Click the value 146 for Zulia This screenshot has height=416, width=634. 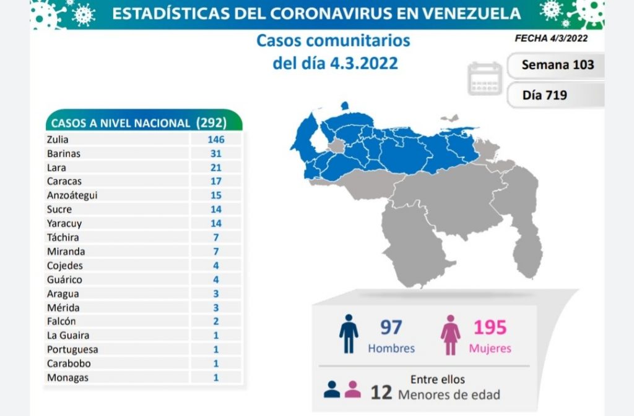[215, 139]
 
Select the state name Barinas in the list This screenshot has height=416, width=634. [63, 153]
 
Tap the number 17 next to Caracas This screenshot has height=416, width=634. [215, 181]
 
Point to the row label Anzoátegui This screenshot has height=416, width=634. [72, 195]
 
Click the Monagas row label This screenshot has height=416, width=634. [67, 377]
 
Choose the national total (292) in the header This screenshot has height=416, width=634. [211, 122]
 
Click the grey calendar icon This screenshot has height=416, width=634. [485, 79]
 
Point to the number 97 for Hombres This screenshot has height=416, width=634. [392, 327]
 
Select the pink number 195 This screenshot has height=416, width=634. [490, 327]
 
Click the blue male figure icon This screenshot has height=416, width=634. [349, 334]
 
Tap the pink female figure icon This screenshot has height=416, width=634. [450, 334]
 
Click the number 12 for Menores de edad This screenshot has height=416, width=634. [381, 393]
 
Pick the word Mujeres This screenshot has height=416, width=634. [490, 348]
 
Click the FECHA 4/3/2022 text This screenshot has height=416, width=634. [550, 38]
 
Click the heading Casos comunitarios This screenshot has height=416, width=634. [333, 41]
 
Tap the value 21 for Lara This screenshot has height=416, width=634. [215, 168]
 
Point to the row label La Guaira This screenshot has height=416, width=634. [67, 335]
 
